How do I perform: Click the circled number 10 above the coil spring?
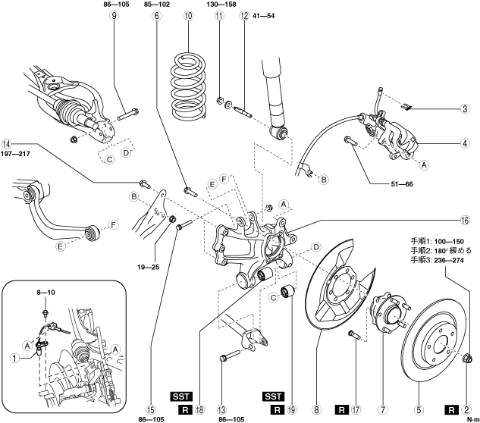coord(189,15)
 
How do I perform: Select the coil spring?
coord(187,86)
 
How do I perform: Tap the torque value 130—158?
coord(221,5)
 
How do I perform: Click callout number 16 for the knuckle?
coord(465,220)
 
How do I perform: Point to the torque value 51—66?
coord(402,184)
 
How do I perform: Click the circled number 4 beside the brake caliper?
coord(465,143)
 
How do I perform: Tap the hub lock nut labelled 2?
coord(467,357)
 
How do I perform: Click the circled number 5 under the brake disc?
coord(419,409)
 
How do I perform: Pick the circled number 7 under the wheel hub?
coord(383,409)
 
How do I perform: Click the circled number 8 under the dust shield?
coord(316,409)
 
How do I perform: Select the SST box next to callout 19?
coord(273,396)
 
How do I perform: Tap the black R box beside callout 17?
coord(342,410)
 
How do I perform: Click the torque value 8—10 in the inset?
coord(46,293)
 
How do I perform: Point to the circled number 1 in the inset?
coord(14,358)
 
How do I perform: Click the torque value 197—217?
coord(15,154)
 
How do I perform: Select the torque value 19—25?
coord(148,267)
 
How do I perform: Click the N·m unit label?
coord(473,420)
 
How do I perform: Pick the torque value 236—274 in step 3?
coord(449,260)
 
